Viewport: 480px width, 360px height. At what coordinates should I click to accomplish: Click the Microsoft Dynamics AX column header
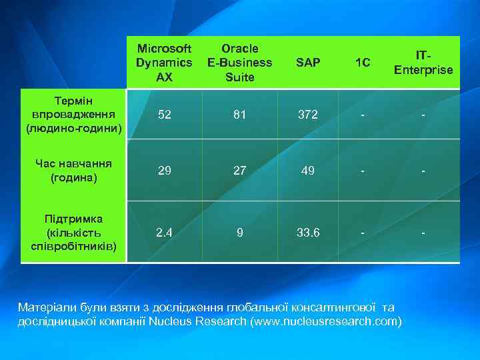(163, 63)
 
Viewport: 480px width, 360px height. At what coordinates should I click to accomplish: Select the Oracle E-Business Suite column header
(240, 63)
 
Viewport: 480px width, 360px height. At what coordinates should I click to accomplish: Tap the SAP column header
(308, 63)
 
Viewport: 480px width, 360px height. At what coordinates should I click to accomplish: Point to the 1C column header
(363, 63)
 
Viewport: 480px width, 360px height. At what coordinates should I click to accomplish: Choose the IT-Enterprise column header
(423, 63)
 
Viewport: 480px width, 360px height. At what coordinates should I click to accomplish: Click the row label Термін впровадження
(73, 114)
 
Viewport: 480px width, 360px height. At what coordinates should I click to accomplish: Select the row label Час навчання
(73, 171)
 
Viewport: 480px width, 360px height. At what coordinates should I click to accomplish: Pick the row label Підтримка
(73, 233)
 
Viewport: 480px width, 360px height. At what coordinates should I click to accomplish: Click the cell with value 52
(163, 114)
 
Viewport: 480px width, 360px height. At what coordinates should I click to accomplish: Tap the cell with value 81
(240, 114)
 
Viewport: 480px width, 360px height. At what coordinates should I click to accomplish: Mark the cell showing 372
(308, 114)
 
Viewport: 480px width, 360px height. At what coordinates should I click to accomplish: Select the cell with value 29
(163, 171)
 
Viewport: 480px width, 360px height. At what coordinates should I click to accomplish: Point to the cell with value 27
(240, 171)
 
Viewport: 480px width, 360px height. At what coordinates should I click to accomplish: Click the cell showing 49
(308, 171)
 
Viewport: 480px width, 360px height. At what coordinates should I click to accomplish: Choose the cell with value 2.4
(163, 233)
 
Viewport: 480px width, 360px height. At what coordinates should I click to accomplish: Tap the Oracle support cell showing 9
(240, 233)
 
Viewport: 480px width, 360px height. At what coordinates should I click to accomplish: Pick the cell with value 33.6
(308, 233)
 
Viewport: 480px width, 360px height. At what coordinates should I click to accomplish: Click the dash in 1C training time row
(363, 171)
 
